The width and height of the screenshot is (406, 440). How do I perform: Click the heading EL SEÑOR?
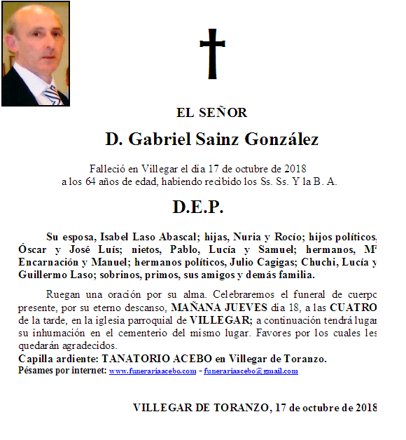212,112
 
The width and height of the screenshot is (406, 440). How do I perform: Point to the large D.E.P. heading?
198,207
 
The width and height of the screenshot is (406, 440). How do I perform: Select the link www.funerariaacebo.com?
153,371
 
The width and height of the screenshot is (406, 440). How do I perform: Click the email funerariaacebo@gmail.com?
251,371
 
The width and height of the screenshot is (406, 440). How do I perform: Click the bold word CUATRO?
353,308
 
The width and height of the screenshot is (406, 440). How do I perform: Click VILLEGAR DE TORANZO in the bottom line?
199,407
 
